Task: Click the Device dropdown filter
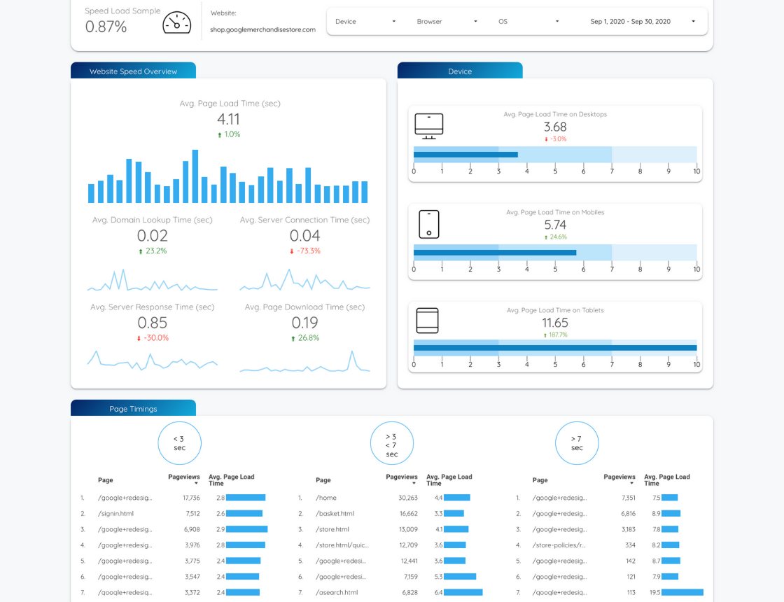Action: pyautogui.click(x=365, y=22)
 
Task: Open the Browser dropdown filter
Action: pyautogui.click(x=447, y=22)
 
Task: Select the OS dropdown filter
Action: pyautogui.click(x=528, y=22)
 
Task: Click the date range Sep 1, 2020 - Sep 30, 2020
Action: pyautogui.click(x=643, y=22)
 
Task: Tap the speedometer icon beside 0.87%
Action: pyautogui.click(x=177, y=22)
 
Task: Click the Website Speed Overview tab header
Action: pyautogui.click(x=133, y=71)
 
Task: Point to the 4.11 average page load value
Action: pyautogui.click(x=228, y=120)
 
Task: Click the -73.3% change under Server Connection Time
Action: pyautogui.click(x=305, y=251)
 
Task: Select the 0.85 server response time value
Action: pyautogui.click(x=153, y=323)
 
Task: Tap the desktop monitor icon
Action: pyautogui.click(x=429, y=126)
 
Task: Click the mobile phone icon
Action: pyautogui.click(x=429, y=224)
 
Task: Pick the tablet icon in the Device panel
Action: pyautogui.click(x=428, y=321)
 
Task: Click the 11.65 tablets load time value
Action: pyautogui.click(x=555, y=323)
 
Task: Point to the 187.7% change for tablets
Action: pyautogui.click(x=556, y=335)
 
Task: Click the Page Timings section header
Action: pyautogui.click(x=133, y=409)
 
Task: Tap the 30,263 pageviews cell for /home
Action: pyautogui.click(x=408, y=498)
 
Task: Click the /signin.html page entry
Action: pyautogui.click(x=116, y=514)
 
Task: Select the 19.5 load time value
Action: pyautogui.click(x=655, y=592)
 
